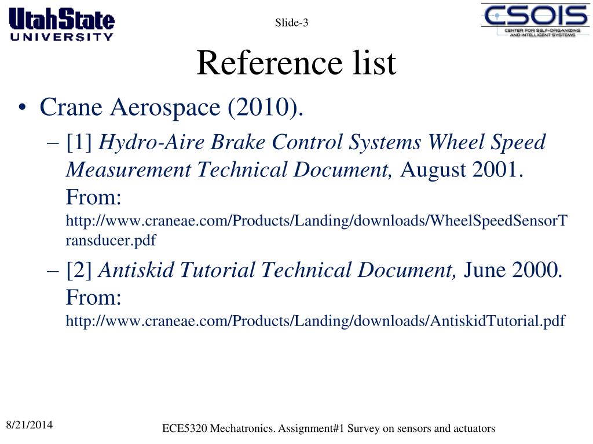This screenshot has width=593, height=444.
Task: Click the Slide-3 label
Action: (291, 23)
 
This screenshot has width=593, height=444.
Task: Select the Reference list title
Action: (296, 63)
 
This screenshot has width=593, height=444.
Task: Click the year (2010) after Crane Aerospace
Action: (266, 108)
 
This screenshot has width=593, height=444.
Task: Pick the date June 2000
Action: (513, 270)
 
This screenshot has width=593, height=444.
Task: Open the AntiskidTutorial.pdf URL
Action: (316, 321)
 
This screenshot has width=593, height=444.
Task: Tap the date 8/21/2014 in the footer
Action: (29, 425)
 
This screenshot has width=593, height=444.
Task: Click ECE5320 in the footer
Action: (185, 428)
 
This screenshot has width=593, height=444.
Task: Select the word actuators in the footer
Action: (474, 428)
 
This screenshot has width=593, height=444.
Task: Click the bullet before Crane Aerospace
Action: (23, 108)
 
